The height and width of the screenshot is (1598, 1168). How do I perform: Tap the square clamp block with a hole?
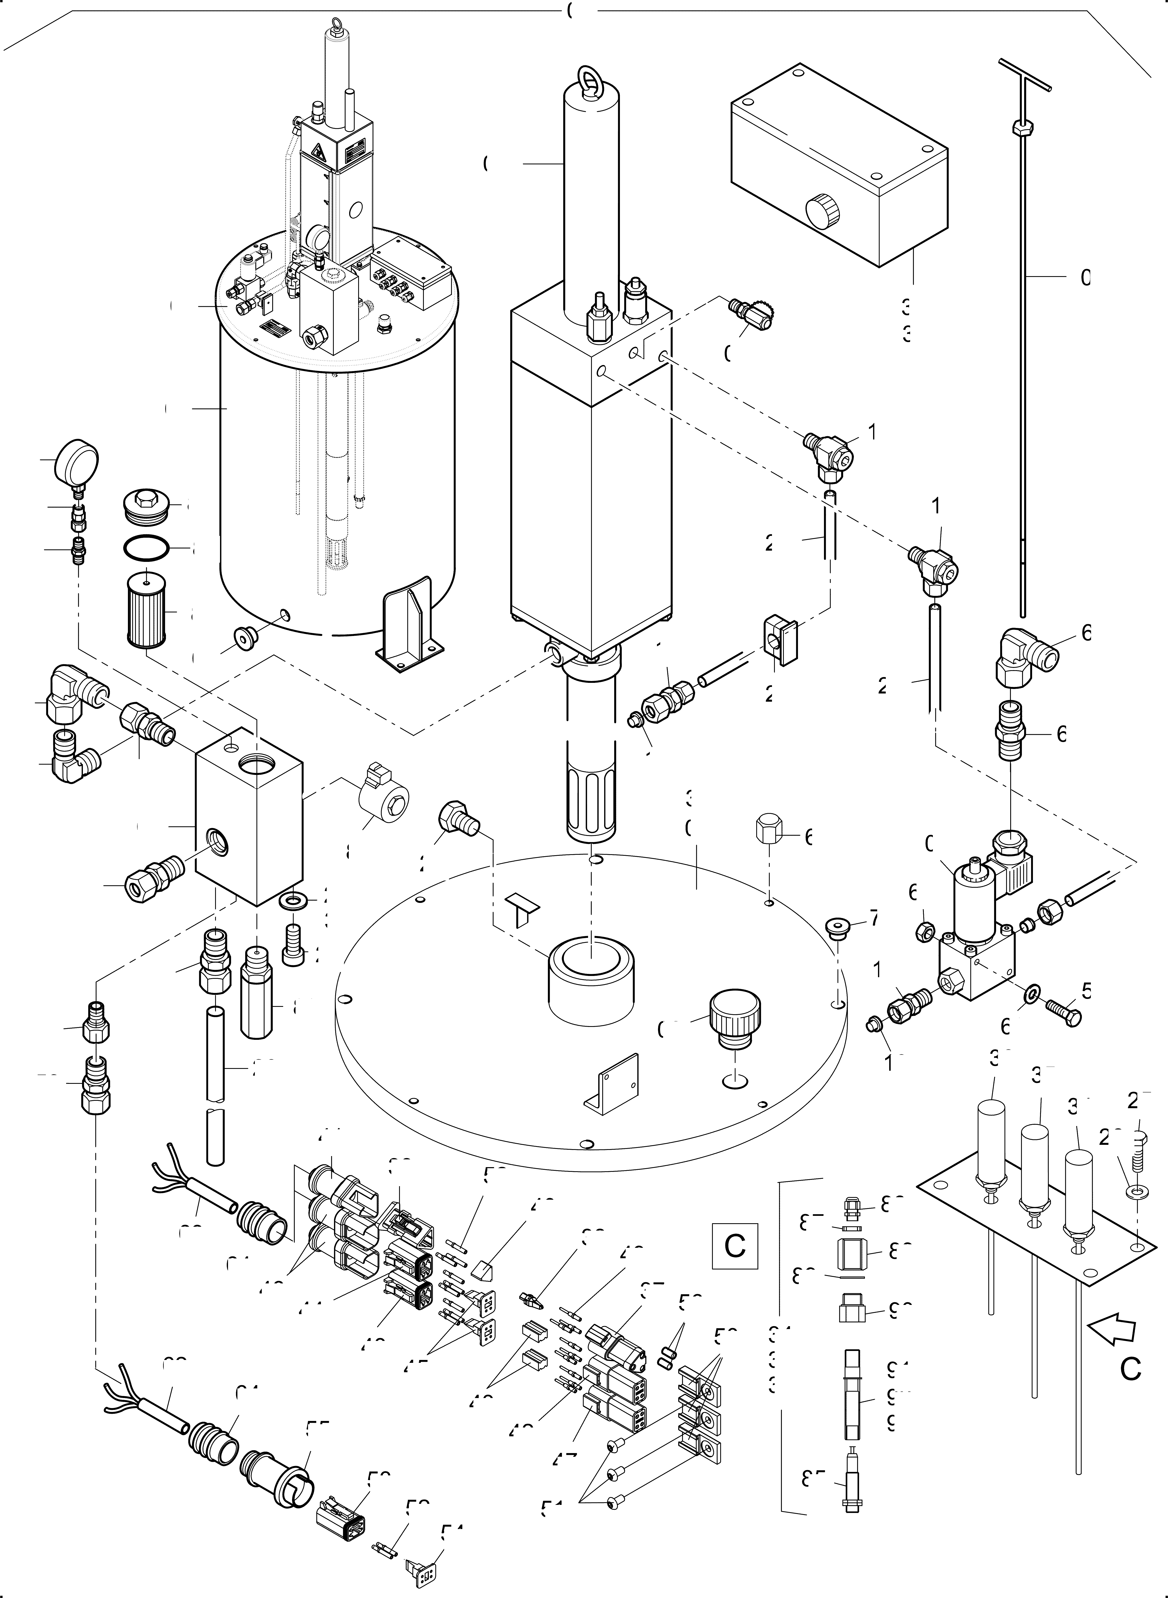pos(779,640)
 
